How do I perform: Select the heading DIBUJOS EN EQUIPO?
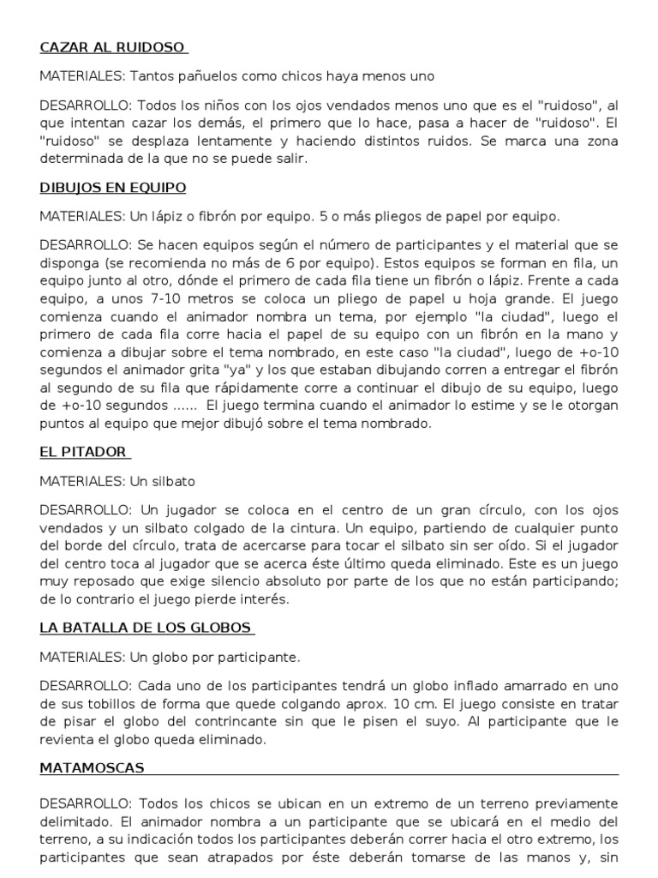click(113, 187)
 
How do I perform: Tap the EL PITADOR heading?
click(84, 451)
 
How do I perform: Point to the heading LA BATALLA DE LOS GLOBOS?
click(147, 627)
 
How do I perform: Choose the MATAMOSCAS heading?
click(92, 767)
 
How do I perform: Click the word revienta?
click(69, 740)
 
